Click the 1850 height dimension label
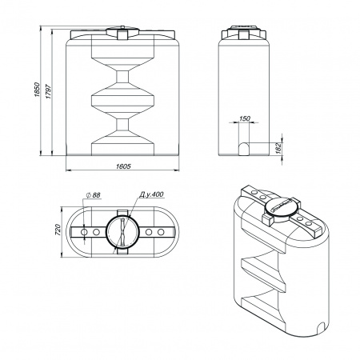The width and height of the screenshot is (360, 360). [37, 90]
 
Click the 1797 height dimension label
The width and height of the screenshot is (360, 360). [49, 92]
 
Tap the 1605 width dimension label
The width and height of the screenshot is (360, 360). [123, 166]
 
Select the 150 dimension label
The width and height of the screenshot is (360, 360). [244, 118]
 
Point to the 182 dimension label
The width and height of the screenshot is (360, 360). [278, 148]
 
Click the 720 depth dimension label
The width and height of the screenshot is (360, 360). [58, 230]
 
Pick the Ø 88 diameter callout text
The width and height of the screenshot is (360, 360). [94, 195]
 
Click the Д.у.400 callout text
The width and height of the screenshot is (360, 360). [151, 194]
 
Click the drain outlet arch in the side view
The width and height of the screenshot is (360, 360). [243, 149]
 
